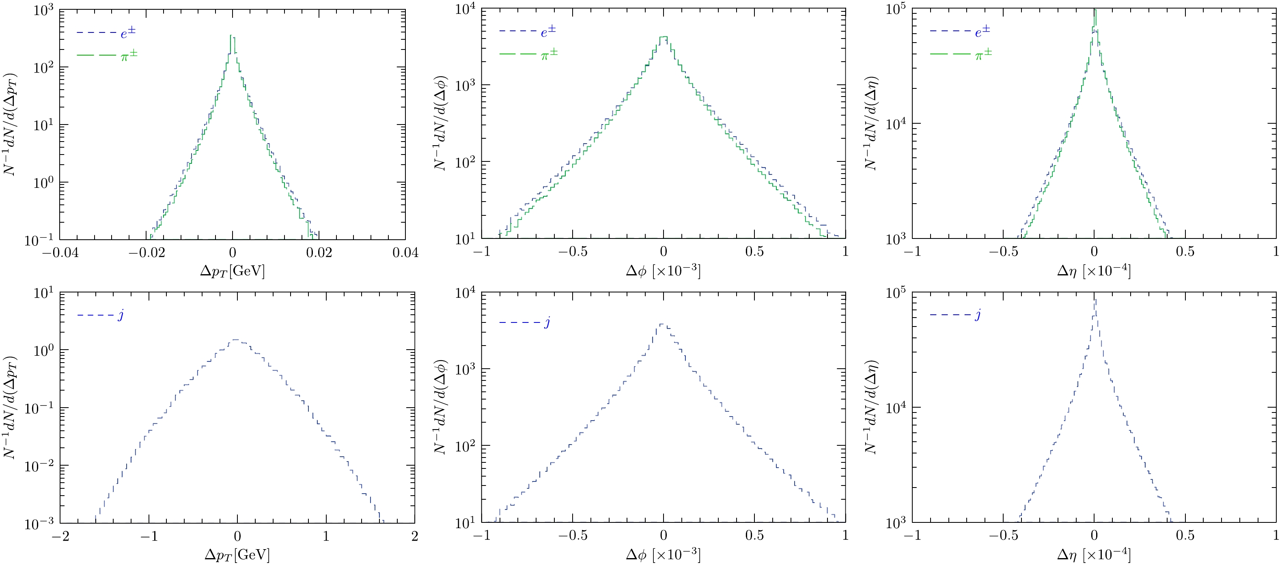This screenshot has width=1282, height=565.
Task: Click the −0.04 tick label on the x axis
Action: (60, 253)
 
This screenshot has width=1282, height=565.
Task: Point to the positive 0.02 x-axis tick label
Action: (319, 253)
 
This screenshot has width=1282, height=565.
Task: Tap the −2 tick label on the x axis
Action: (60, 536)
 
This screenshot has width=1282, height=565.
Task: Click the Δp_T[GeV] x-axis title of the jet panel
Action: (237, 554)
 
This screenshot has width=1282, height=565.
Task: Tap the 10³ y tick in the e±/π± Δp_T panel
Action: (43, 10)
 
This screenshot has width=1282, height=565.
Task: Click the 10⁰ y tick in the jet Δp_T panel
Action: (43, 350)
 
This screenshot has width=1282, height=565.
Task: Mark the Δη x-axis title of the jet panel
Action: (1094, 554)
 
